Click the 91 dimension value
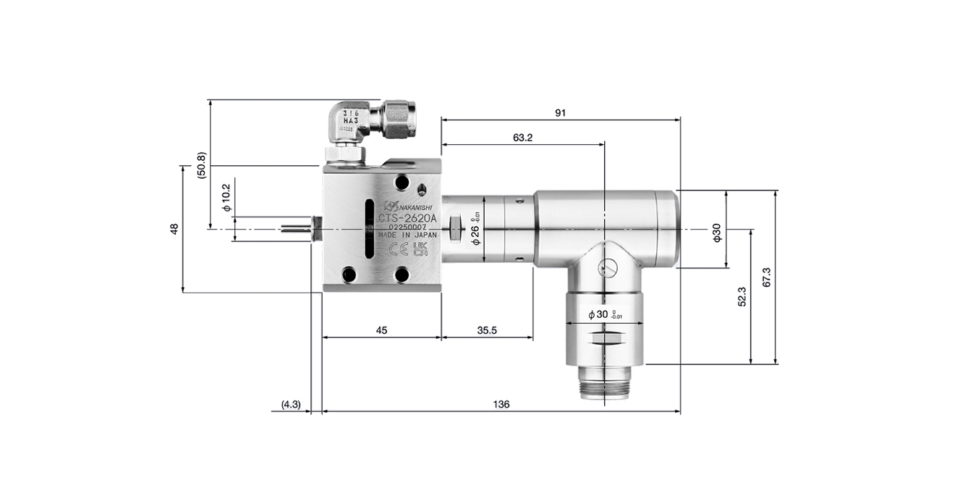coord(560,112)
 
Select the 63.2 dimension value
coord(522,138)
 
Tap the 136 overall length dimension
coord(501,404)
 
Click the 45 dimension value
coord(381,330)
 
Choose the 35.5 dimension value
coord(487,330)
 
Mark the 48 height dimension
coord(174,229)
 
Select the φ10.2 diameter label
coord(226,197)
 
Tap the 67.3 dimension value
coord(767,277)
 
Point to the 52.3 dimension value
coord(742,296)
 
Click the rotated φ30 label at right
coord(716,232)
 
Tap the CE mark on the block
coord(398,250)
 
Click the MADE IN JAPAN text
coord(407,235)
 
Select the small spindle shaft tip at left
coord(294,229)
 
